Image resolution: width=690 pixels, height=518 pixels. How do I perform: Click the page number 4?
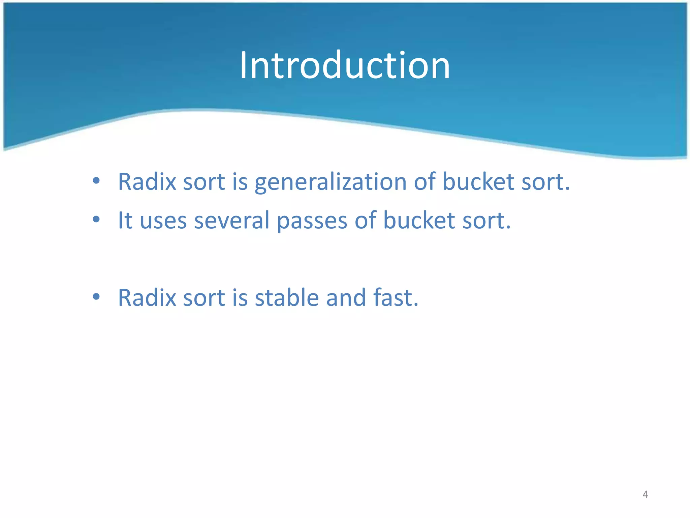tap(645, 494)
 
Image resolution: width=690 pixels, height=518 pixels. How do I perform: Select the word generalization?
tap(331, 182)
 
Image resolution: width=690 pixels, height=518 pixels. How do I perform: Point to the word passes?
tap(312, 222)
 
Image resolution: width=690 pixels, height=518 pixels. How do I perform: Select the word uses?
tap(163, 222)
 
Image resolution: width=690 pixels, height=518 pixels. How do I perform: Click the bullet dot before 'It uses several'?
tap(96, 220)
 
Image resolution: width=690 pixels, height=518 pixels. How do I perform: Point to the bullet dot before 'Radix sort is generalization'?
tap(96, 181)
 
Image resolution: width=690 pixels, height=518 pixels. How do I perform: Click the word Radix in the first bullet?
tap(147, 181)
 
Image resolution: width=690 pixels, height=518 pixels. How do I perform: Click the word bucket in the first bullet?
tap(478, 181)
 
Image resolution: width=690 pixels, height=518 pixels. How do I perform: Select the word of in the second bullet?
tap(365, 220)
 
